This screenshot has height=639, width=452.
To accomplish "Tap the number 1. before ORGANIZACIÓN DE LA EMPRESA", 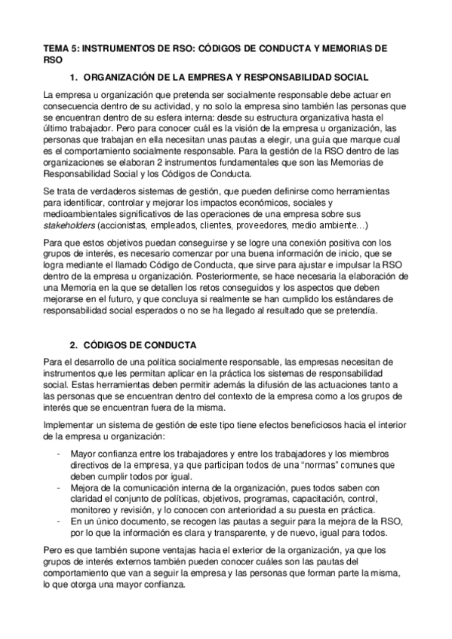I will click(73, 77).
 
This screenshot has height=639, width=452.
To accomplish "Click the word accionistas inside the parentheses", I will click(127, 225).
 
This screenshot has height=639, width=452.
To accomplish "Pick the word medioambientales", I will click(82, 215).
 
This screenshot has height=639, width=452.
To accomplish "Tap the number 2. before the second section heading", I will click(73, 344).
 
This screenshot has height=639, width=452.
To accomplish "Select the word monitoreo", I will click(94, 509).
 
